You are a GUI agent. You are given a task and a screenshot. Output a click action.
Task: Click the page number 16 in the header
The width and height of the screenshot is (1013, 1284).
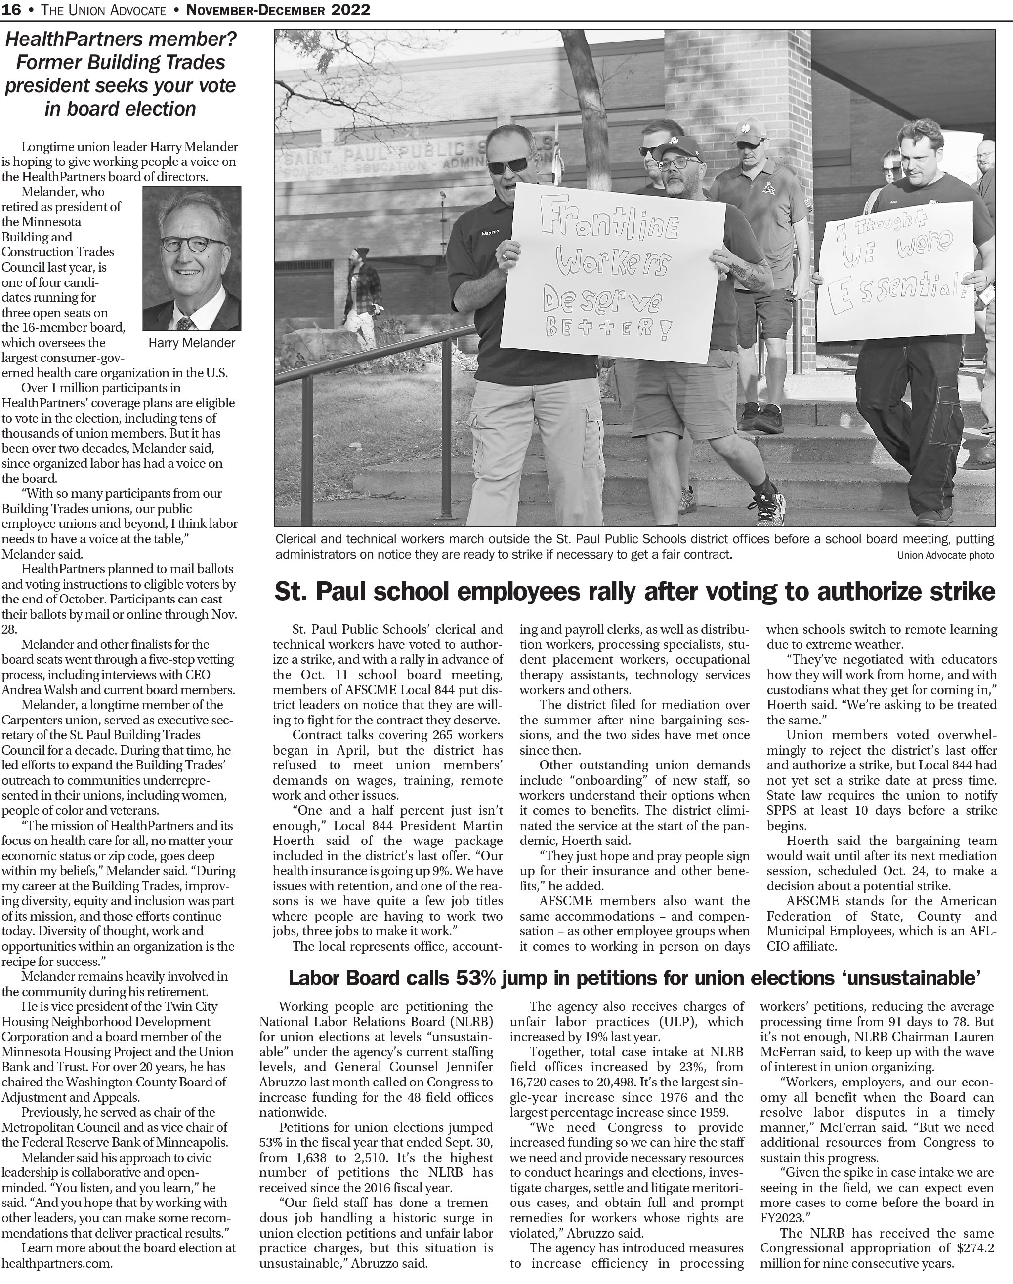[x=12, y=9]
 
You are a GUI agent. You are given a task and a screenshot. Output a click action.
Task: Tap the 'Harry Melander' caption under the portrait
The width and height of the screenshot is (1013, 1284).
[x=192, y=343]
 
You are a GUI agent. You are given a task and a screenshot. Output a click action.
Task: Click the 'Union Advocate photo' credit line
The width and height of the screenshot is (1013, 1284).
[x=945, y=556]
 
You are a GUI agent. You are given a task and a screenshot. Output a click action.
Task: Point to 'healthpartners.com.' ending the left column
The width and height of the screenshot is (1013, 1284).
[x=57, y=1263]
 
